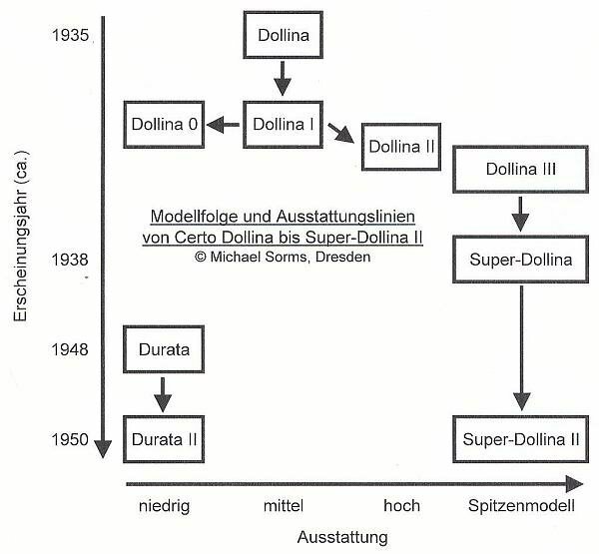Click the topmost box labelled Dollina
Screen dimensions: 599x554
pos(284,35)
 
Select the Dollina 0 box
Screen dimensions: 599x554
pos(164,125)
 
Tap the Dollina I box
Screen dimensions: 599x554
pos(284,125)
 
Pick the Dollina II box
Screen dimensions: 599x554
pos(401,147)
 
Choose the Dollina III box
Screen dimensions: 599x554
pos(520,170)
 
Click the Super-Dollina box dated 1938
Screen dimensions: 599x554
pos(520,260)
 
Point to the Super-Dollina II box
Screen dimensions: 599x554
pos(520,439)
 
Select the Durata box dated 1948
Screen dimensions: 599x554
pos(164,349)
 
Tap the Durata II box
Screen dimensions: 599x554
pos(164,439)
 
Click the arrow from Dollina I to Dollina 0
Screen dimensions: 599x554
pos(224,125)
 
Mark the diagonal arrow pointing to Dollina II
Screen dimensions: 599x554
pos(340,133)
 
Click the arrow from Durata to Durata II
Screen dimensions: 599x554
pos(163,394)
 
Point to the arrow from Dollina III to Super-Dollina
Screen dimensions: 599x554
pos(520,214)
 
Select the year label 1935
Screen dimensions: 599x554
pos(70,35)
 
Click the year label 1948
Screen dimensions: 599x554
pos(70,349)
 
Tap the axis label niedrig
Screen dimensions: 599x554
pos(165,506)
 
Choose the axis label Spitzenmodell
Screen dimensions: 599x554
pos(521,506)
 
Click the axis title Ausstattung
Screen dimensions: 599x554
pos(342,537)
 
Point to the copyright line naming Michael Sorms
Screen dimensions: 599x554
pos(283,257)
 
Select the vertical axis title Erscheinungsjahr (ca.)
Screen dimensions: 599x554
pos(21,237)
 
